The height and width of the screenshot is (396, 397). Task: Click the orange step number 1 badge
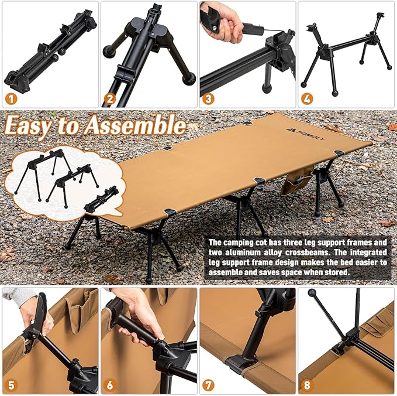(x=11, y=98)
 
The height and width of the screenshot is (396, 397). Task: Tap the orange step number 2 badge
(x=110, y=98)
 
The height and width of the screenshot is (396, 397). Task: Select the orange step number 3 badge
(x=208, y=98)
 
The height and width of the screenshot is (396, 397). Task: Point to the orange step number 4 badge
(x=307, y=98)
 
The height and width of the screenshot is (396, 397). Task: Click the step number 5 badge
(x=11, y=385)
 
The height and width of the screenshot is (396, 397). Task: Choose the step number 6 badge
(x=110, y=385)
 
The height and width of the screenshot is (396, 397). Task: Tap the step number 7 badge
(x=208, y=385)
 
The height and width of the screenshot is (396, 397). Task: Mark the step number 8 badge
(x=307, y=385)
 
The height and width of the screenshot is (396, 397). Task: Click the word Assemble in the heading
(x=135, y=125)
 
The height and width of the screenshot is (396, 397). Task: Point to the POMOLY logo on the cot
(x=306, y=134)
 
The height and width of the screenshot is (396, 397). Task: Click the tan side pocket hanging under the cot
(x=296, y=180)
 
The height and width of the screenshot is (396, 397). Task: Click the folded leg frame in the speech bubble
(x=102, y=199)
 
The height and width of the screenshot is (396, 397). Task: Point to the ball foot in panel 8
(x=312, y=292)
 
